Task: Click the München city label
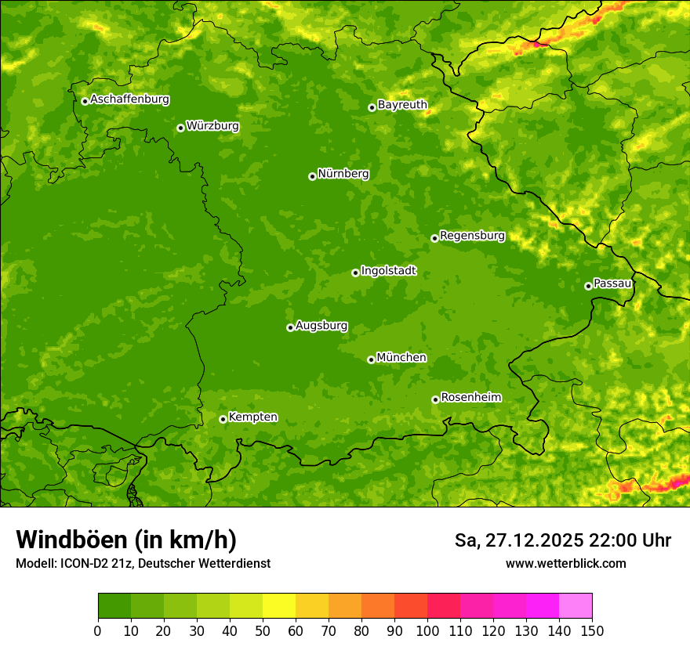pyautogui.click(x=401, y=358)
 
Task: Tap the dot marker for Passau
pyautogui.click(x=588, y=286)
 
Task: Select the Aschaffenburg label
pyautogui.click(x=129, y=99)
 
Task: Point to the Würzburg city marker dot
pyautogui.click(x=180, y=128)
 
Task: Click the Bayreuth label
pyautogui.click(x=402, y=105)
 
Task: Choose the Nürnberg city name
pyautogui.click(x=343, y=174)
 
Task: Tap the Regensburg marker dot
pyautogui.click(x=434, y=238)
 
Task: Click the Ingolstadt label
pyautogui.click(x=388, y=271)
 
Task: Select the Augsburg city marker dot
pyautogui.click(x=290, y=327)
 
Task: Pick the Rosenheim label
pyautogui.click(x=470, y=398)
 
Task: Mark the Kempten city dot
pyautogui.click(x=223, y=419)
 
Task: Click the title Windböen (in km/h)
pyautogui.click(x=126, y=540)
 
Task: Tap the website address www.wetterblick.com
pyautogui.click(x=565, y=563)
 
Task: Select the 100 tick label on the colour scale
pyautogui.click(x=427, y=630)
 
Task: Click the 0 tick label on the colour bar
pyautogui.click(x=98, y=630)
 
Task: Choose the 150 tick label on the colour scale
pyautogui.click(x=592, y=630)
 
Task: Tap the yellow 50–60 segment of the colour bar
pyautogui.click(x=279, y=606)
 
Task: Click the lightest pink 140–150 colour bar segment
pyautogui.click(x=576, y=606)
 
